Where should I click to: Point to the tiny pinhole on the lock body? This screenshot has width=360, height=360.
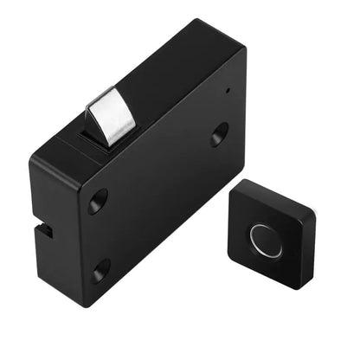click(227, 89)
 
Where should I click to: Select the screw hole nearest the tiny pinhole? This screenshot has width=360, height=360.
click(220, 132)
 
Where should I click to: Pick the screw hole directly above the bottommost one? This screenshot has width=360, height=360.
click(97, 202)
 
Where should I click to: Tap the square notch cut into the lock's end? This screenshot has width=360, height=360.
click(44, 231)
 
